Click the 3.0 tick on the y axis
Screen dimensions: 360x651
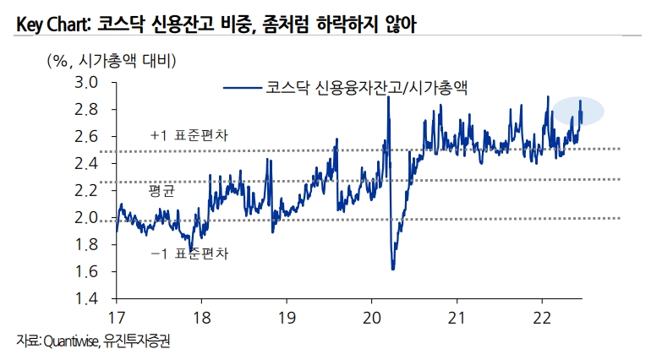click(87, 83)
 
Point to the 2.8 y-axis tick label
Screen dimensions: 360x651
click(87, 110)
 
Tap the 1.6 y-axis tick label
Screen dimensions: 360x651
click(87, 272)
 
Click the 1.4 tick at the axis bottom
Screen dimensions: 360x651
click(87, 299)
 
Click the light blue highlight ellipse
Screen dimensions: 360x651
click(580, 111)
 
